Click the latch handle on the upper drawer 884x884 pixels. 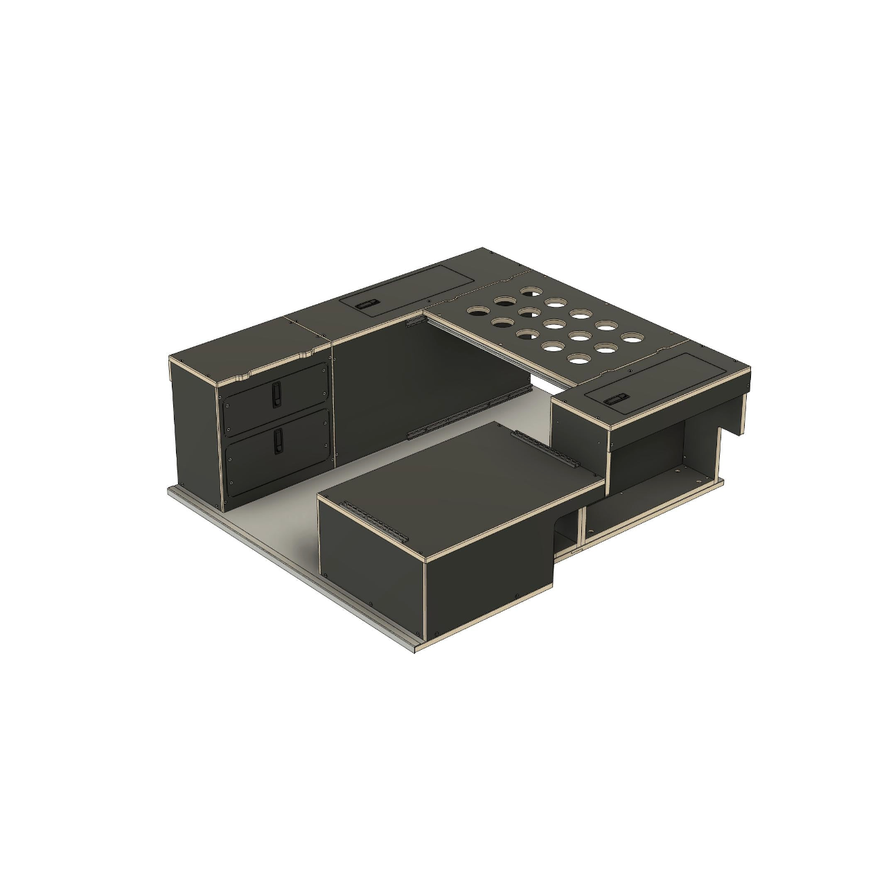pyautogui.click(x=276, y=393)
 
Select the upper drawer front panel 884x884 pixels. pyautogui.click(x=298, y=395)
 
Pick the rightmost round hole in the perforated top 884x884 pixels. pyautogui.click(x=630, y=337)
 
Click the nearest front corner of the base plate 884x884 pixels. pyautogui.click(x=418, y=648)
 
